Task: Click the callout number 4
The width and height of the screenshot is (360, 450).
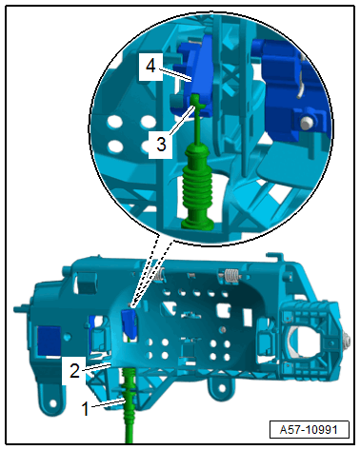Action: (x=150, y=67)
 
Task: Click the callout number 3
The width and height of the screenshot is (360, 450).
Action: (x=161, y=145)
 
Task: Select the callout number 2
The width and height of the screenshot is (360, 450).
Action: (x=74, y=370)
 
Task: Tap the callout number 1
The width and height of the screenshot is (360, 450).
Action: (x=85, y=408)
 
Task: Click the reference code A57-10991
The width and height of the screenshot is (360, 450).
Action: (x=309, y=430)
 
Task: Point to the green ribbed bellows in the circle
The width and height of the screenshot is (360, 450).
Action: (x=197, y=186)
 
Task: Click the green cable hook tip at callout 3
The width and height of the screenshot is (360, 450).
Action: (x=197, y=98)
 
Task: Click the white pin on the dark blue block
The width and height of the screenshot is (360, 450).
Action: (x=306, y=124)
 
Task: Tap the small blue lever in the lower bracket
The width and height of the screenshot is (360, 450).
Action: (x=129, y=323)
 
